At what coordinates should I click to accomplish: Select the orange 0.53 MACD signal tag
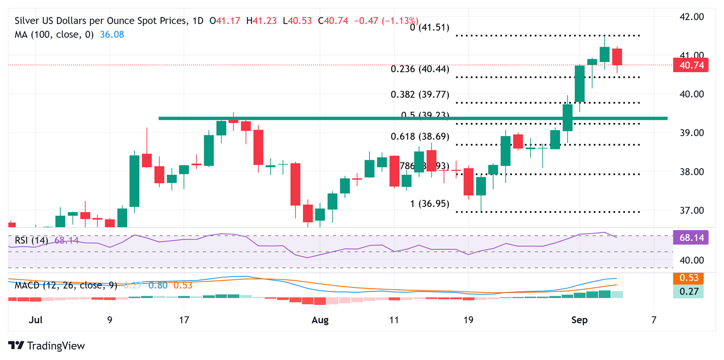click(688, 278)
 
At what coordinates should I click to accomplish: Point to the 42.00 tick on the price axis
click(691, 16)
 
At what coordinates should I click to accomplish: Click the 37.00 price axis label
click(691, 210)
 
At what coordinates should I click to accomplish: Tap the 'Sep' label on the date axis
click(579, 320)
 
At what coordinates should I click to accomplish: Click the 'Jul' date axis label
click(36, 320)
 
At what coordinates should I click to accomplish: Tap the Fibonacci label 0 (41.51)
click(429, 27)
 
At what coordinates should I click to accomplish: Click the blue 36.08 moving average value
click(113, 34)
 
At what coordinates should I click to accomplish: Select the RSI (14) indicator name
click(33, 241)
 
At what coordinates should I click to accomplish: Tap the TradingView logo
click(47, 345)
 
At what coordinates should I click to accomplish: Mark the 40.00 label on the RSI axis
click(691, 260)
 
